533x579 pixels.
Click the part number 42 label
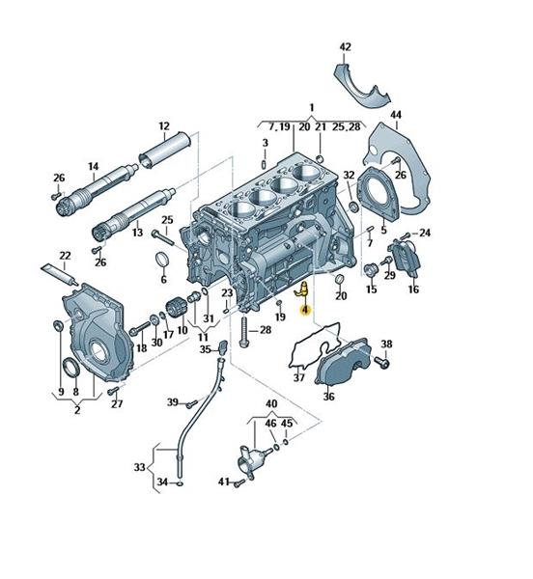point(345,47)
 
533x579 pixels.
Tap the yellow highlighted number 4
point(305,311)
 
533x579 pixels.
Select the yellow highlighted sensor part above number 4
point(301,289)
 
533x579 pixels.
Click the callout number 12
point(164,125)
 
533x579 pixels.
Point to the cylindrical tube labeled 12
point(164,150)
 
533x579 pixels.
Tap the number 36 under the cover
point(328,397)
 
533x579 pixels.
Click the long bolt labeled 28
point(243,332)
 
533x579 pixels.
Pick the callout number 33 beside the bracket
point(139,467)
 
